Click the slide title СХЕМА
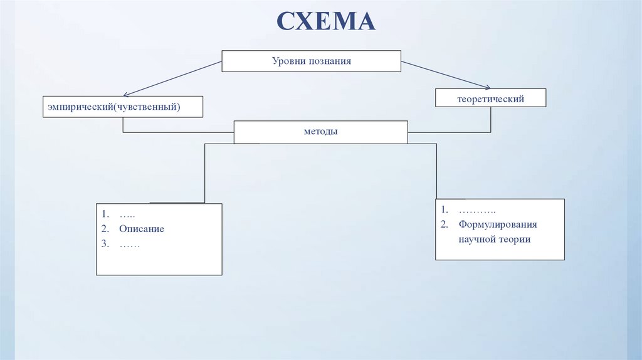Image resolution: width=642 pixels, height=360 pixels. tap(326, 21)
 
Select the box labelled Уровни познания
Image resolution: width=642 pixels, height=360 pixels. tap(312, 61)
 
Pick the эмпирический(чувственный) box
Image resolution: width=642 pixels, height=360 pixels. tap(123, 107)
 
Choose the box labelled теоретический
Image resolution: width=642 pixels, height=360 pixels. tap(491, 98)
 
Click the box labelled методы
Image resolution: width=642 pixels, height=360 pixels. tap(320, 132)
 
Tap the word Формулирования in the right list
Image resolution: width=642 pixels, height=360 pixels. tap(497, 225)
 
